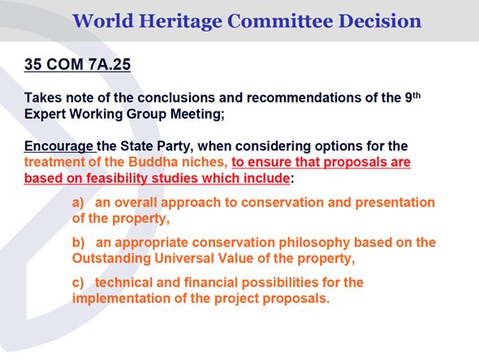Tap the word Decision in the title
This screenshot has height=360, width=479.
[x=380, y=21]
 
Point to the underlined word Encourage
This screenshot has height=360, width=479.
[x=58, y=146]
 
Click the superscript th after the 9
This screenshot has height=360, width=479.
[x=416, y=95]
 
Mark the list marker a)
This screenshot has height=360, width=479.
[x=78, y=203]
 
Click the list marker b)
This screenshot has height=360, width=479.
[x=78, y=242]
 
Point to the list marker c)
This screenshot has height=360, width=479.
[x=78, y=283]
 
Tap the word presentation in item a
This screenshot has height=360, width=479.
[x=395, y=203]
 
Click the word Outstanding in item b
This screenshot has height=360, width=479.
[x=111, y=258]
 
